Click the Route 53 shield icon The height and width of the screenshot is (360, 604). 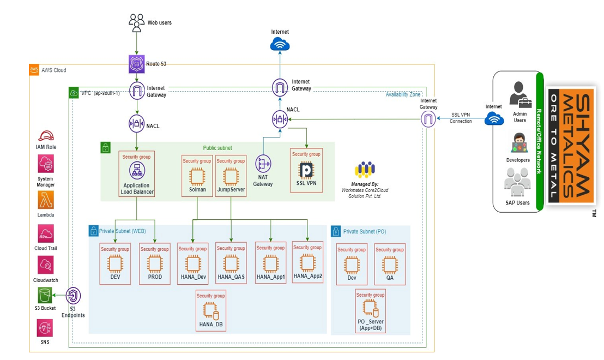coord(136,64)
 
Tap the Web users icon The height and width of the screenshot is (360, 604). coord(136,22)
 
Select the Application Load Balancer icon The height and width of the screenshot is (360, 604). coord(136,171)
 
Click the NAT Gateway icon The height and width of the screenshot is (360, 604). coord(263,164)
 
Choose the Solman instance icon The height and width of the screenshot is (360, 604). coord(197,176)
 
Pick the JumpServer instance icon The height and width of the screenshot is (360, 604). coord(231,176)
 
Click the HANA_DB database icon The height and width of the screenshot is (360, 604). coord(210,311)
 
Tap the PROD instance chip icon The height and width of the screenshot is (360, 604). coord(154,265)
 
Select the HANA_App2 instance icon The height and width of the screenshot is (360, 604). coord(307,262)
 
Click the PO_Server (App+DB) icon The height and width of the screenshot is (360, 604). coord(370,309)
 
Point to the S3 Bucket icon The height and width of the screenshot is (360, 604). coord(45,296)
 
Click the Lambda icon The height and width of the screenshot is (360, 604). coord(46,200)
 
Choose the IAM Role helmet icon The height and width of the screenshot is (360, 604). coord(46,136)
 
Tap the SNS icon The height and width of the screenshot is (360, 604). coord(45,328)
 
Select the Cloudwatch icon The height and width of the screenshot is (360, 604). coord(46,266)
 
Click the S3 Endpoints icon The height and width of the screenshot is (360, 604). coord(74,296)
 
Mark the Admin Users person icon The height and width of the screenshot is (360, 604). coord(520,94)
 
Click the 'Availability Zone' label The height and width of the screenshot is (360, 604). coord(403,95)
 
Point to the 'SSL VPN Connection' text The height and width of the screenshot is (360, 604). coord(461,118)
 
